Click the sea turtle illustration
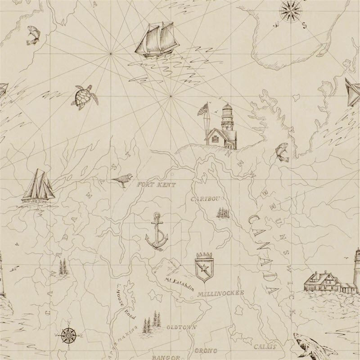point(82,97)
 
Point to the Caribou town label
point(205,198)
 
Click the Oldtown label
point(181,328)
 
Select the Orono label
point(206,350)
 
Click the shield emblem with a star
point(203,268)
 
